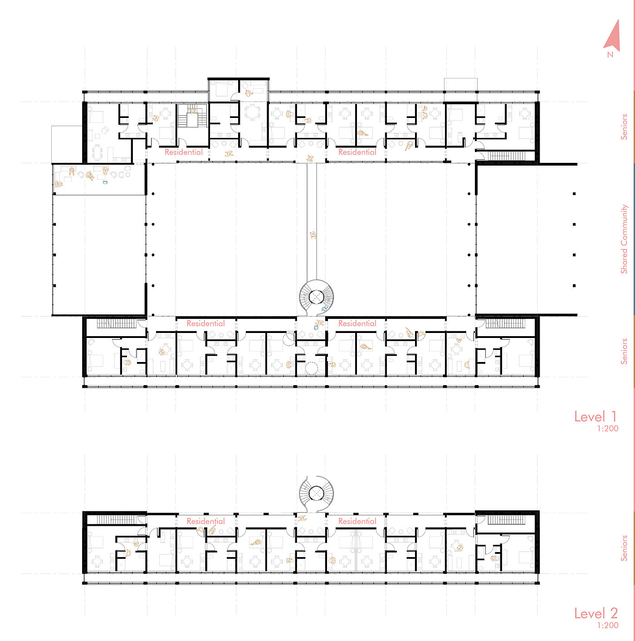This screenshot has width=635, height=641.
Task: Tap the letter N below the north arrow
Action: pos(610,55)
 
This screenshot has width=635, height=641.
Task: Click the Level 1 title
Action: pos(596,416)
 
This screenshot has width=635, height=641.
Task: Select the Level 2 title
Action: pos(596,613)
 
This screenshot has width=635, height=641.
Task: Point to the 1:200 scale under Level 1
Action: pos(608,428)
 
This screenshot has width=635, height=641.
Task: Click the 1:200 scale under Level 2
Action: pos(608,625)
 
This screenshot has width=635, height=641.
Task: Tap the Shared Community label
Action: pos(624,239)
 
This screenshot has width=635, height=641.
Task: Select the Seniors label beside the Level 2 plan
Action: pos(624,548)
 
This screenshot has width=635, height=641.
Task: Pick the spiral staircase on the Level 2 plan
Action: pos(316,494)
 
